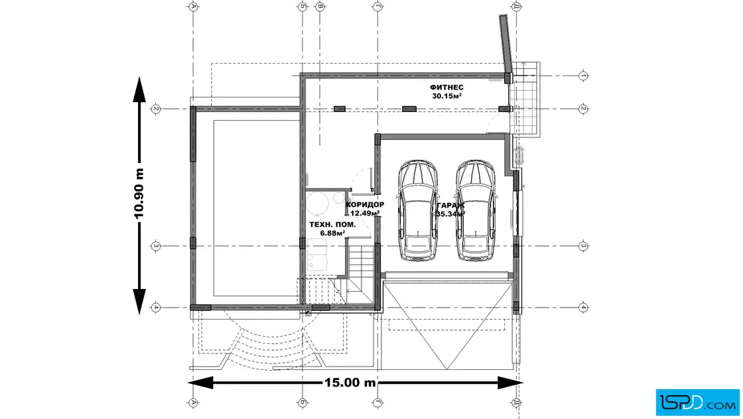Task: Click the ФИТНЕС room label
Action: click(446, 88)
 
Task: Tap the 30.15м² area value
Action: click(446, 96)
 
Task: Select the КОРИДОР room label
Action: click(365, 205)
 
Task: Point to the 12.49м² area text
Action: click(364, 213)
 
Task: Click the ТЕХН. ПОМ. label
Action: click(332, 225)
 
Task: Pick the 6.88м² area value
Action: click(333, 233)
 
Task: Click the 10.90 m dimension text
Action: click(139, 193)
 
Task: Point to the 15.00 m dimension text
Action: click(350, 383)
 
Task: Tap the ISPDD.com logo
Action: click(696, 400)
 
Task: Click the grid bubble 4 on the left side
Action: click(156, 308)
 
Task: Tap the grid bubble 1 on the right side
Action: click(583, 75)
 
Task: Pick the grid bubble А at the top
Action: click(193, 7)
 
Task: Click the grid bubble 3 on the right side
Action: click(583, 246)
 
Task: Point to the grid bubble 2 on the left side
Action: click(156, 108)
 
